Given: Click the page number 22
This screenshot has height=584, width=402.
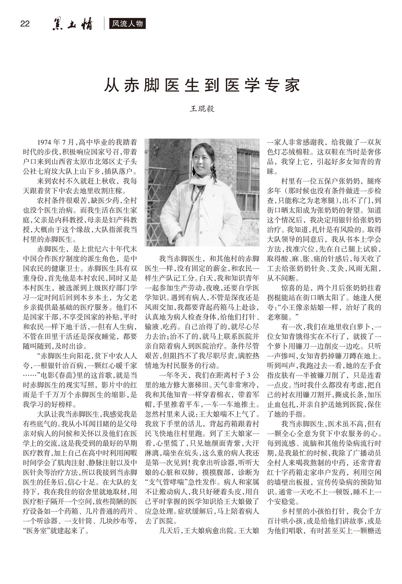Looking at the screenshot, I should [x=25, y=24].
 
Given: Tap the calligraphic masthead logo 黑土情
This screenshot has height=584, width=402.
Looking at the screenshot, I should [x=73, y=25].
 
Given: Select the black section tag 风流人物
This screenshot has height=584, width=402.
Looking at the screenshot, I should [x=127, y=24].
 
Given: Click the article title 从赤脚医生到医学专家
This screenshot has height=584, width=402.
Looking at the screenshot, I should [x=202, y=85].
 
